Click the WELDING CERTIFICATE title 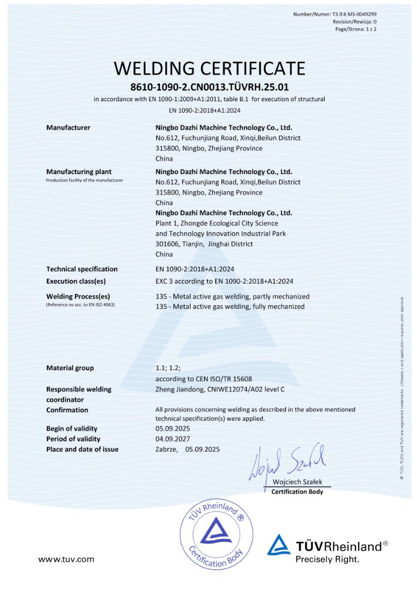pos(210,68)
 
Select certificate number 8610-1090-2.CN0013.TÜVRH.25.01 pos(210,87)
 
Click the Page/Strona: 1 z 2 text pos(356,28)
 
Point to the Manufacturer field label pos(68,128)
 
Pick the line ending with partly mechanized pos(232,296)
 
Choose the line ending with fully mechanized pos(230,306)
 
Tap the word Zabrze pos(167,449)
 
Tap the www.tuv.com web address pos(66,559)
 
